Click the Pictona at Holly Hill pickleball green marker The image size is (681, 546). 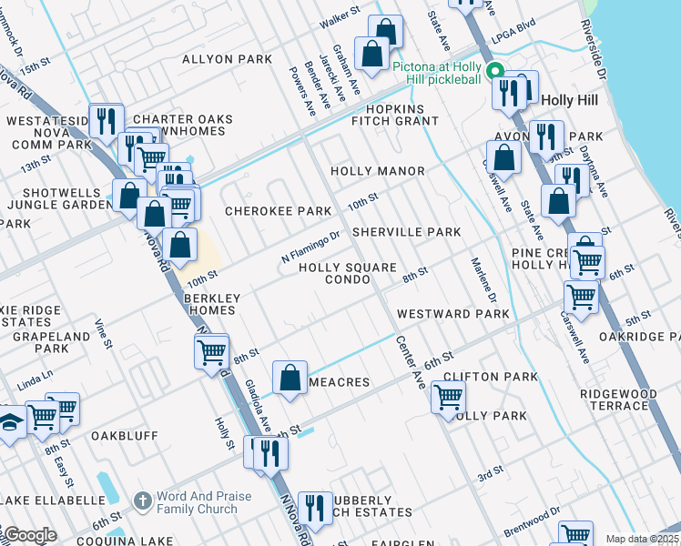pos(494,72)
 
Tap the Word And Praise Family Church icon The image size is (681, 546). pos(142,500)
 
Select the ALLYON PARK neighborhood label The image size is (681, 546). pos(227,59)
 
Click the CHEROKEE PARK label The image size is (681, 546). pos(278,211)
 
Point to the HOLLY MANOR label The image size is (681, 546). pos(377,171)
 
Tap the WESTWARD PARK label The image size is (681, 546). pos(452,314)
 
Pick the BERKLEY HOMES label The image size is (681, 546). pos(210,304)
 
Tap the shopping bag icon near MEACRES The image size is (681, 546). pos(290,377)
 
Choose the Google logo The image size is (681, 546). pos(29,535)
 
